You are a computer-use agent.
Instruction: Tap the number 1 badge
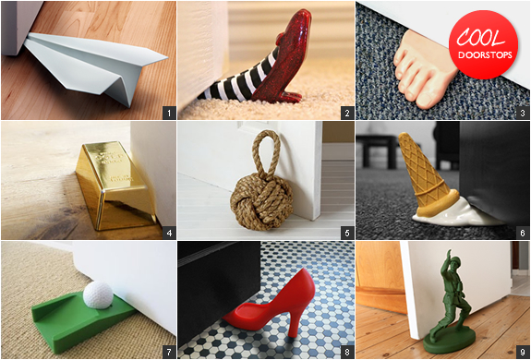coord(169,113)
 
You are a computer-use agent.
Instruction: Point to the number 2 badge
coord(347,113)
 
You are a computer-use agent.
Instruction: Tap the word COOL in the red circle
coord(480,38)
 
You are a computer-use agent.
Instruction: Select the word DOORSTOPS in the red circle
coord(485,55)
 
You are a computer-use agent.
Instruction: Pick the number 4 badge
coord(169,234)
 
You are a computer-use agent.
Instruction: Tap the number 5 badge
coord(347,234)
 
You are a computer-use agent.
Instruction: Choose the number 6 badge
coord(523,234)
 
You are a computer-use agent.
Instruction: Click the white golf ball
coord(98,294)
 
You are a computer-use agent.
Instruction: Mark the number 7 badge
coord(169,352)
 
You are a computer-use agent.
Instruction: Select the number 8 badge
coord(347,352)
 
